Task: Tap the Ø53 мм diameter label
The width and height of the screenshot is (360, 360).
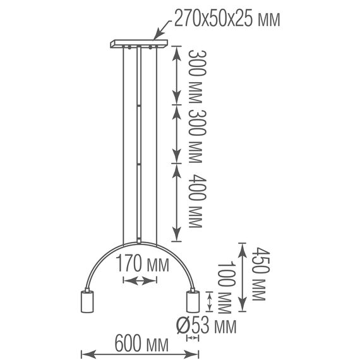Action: click(207, 326)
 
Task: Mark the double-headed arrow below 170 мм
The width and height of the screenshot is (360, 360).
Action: click(139, 281)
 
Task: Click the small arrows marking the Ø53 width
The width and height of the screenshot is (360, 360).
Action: click(193, 339)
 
